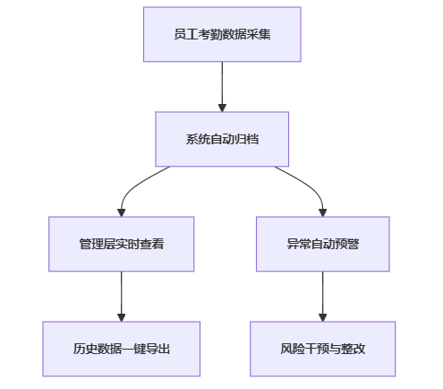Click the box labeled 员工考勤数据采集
click(222, 34)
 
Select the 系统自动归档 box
click(222, 139)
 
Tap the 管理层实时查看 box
click(122, 244)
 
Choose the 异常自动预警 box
click(323, 244)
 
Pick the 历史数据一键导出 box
click(122, 349)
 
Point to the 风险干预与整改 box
click(323, 349)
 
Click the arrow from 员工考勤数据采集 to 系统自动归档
click(222, 87)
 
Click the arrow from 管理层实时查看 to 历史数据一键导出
click(122, 297)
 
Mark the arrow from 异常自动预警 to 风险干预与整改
click(323, 297)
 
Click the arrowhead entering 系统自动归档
click(222, 108)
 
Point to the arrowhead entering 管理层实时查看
click(122, 212)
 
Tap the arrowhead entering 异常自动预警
click(323, 212)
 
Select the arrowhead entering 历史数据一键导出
click(122, 317)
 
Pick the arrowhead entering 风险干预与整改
click(323, 317)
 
